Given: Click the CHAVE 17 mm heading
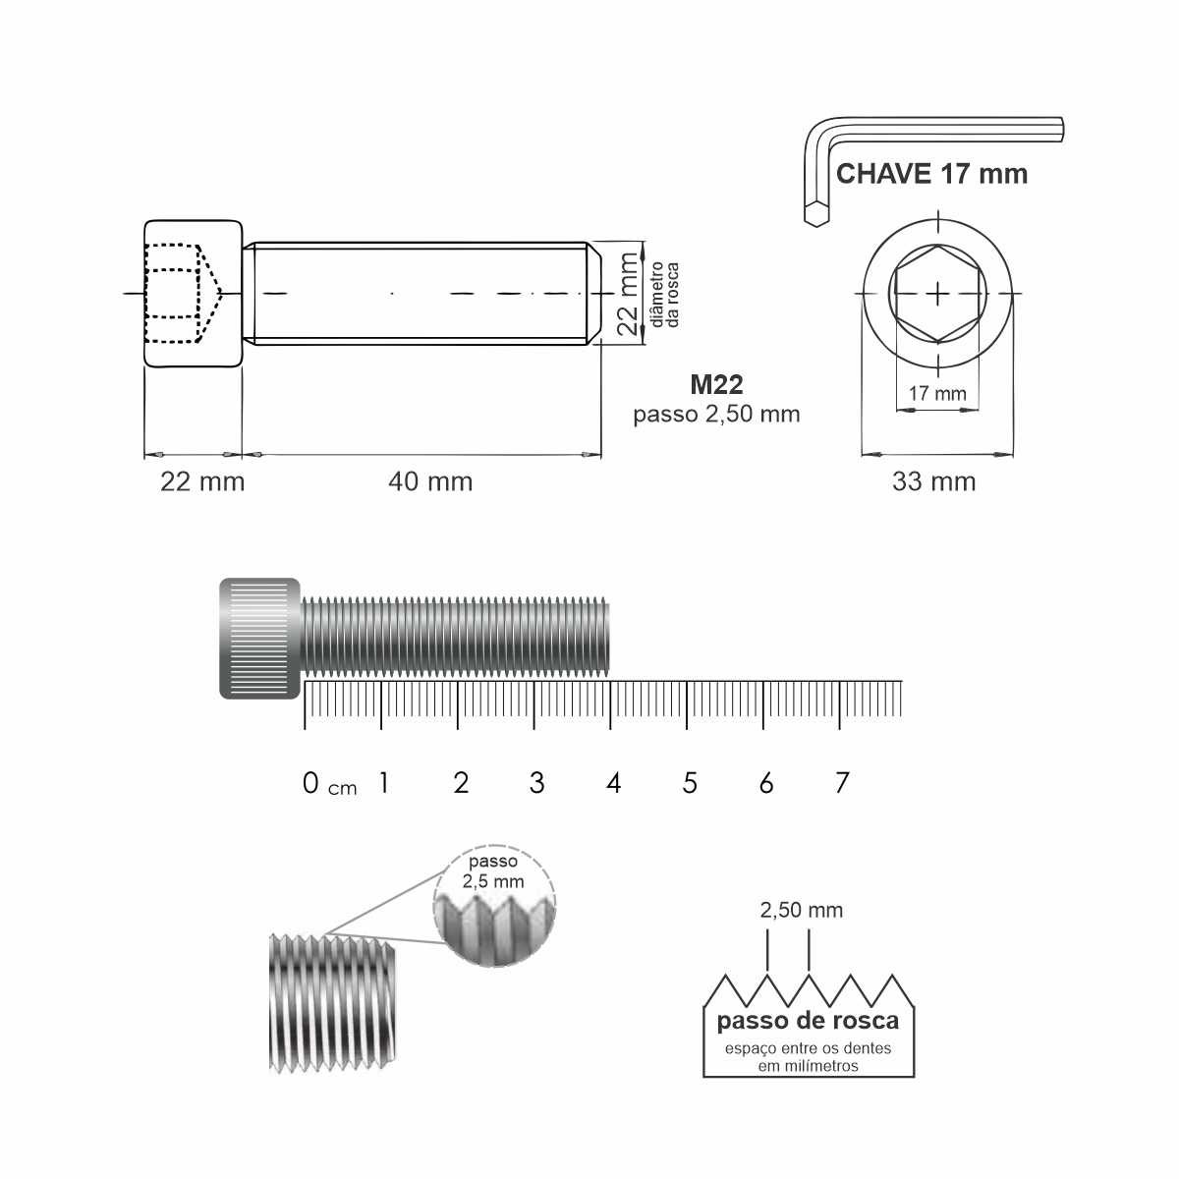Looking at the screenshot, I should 931,175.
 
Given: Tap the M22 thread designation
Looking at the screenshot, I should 716,385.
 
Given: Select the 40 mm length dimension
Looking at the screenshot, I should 430,481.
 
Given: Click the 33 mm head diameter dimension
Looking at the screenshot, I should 933,481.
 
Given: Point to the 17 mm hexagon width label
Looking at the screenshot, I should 936,394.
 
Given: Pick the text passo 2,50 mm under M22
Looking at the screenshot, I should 716,414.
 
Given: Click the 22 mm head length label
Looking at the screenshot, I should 202,481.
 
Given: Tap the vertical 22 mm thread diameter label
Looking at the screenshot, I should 628,294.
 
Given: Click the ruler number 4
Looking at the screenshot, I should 614,783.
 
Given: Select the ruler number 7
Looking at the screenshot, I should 842,783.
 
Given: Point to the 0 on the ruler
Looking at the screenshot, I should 311,783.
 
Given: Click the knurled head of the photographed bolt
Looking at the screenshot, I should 259,639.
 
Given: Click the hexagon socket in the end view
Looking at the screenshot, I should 938,293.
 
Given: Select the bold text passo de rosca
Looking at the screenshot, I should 808,1022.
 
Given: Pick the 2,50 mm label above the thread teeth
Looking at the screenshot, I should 801,911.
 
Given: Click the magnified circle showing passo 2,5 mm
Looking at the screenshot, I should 494,906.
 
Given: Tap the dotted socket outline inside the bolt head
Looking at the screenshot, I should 180,293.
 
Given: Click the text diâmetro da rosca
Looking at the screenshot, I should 665,294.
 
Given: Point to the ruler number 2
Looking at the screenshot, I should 461,783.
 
